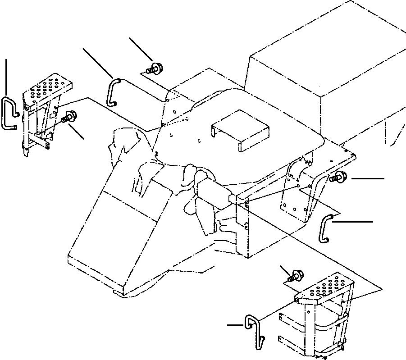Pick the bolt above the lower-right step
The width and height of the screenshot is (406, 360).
click(295, 275)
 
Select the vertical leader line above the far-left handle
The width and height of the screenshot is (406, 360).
click(6, 77)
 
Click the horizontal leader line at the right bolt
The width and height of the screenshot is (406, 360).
click(368, 179)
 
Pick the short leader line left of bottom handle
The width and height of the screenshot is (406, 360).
click(236, 324)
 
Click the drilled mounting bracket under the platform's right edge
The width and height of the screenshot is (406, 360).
click(297, 187)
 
